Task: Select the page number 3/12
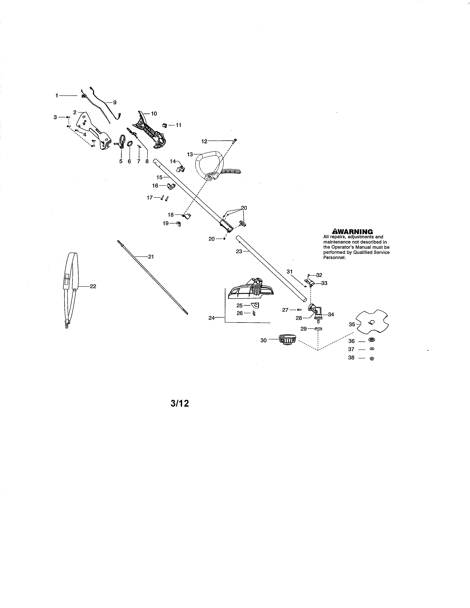180,403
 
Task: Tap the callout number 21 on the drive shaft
151,257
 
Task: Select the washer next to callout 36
371,340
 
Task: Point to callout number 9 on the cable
115,102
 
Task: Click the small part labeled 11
164,125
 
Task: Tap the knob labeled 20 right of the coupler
243,223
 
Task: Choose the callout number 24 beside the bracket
211,318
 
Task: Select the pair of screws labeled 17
164,198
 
